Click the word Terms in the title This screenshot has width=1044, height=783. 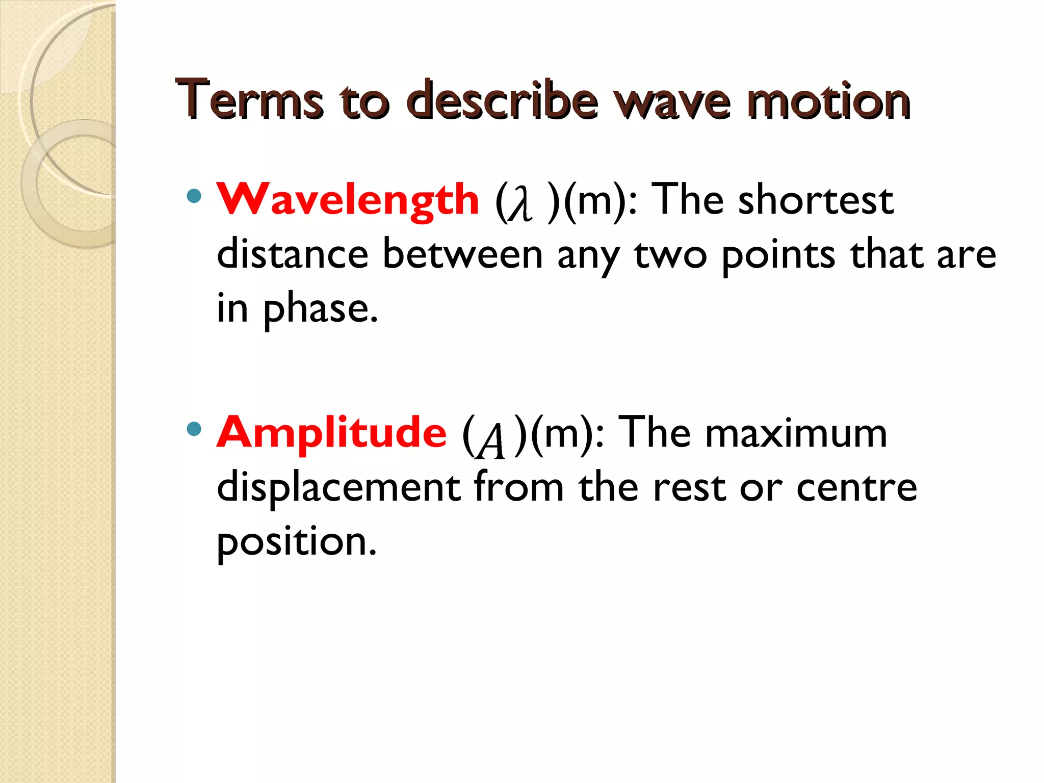coord(249,100)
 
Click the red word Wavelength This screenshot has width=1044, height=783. coord(348,200)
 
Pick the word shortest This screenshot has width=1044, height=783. coord(816,200)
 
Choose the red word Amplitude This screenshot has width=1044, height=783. coord(332,432)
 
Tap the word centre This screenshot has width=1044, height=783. coord(856,487)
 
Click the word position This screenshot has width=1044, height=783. coord(296,542)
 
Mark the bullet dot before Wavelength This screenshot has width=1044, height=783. coord(194,196)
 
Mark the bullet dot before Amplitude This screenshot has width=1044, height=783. coord(194,429)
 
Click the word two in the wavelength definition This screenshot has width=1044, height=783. coord(670,255)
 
